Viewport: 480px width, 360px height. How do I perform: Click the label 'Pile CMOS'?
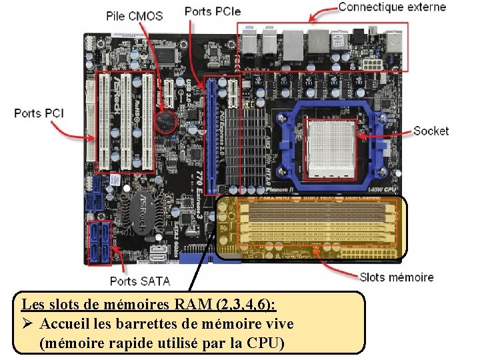tap(134, 15)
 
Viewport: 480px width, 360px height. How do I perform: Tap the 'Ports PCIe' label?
tap(213, 11)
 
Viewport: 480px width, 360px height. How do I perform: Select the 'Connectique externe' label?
tap(392, 7)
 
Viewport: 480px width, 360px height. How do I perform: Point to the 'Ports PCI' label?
tap(39, 113)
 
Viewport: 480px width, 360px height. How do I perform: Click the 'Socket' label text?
tap(431, 131)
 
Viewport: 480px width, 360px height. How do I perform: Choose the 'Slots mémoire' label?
tap(396, 277)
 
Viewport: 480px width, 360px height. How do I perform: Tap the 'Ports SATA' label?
tap(140, 281)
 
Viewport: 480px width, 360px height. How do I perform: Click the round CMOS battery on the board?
tap(165, 121)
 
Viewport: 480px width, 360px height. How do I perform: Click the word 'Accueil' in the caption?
tap(63, 324)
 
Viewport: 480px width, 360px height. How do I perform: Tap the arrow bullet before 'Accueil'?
tap(29, 325)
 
